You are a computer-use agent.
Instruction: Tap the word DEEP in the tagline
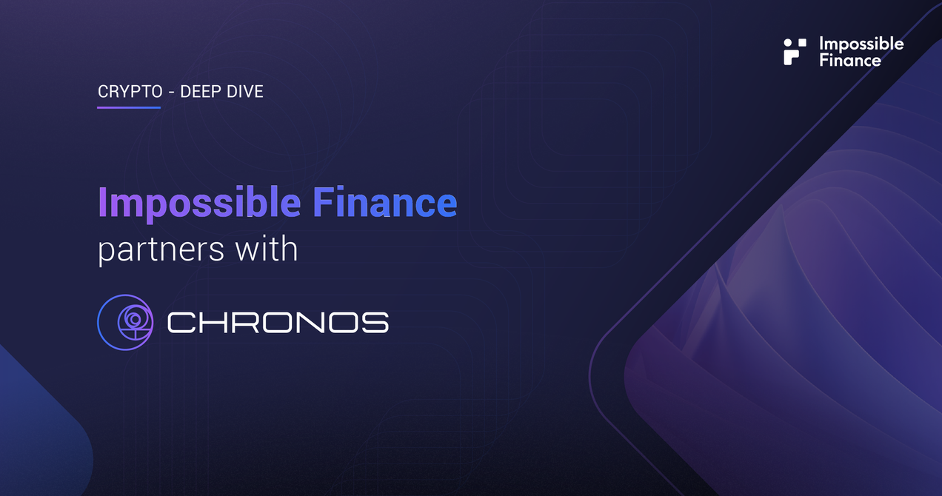tap(201, 93)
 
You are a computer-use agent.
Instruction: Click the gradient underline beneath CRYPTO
tap(129, 108)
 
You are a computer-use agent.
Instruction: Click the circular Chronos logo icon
tap(125, 321)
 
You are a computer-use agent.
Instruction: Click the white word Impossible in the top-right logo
tap(861, 44)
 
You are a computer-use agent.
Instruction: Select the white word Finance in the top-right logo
tap(849, 60)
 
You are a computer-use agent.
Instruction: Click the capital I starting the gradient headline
tap(103, 204)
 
